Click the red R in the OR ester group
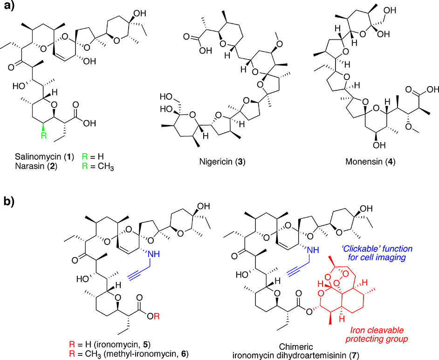160,304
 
